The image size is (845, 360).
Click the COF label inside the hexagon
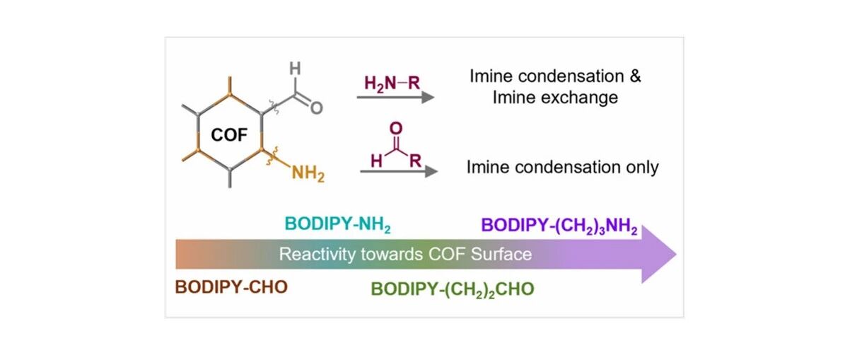point(228,134)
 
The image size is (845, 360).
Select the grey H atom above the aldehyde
point(295,69)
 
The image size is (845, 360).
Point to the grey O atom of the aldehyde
point(317,108)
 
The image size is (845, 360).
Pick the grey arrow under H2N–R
point(395,98)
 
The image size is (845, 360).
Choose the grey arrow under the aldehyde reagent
point(398,171)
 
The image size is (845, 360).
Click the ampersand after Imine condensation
point(636,76)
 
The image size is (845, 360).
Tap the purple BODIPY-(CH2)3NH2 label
point(560,226)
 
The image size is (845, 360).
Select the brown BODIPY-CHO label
point(231,286)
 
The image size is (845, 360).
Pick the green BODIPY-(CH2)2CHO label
point(453,290)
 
